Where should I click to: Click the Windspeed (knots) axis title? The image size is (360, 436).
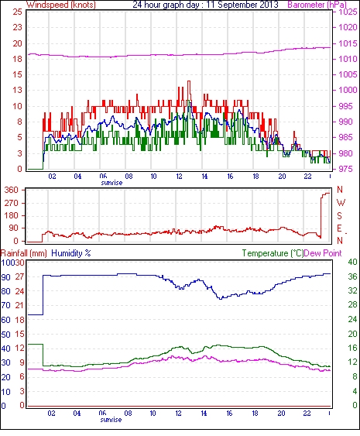coord(61,5)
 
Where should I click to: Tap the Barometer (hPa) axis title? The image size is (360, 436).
coord(317,5)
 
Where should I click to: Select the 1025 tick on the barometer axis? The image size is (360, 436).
coord(348,12)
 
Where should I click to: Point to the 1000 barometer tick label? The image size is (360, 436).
coord(348,90)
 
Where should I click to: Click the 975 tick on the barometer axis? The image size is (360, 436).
coord(346,169)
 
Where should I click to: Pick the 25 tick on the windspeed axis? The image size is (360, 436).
coord(17,12)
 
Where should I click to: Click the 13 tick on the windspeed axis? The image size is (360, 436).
coord(17,90)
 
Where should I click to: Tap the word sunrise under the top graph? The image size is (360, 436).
coord(111,183)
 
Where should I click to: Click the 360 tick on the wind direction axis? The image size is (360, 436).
coord(12,191)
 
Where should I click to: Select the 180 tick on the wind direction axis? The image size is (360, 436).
coord(12,216)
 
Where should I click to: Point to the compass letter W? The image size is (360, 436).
coord(341,203)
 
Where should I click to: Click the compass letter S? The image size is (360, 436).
coord(339,216)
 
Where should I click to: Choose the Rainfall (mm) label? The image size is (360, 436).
coord(24,253)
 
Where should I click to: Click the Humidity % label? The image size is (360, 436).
coord(71,253)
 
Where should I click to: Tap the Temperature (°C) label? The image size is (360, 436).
coord(273,253)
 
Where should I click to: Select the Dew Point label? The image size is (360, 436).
coord(323,253)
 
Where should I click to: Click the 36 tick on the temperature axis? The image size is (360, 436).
coord(352,276)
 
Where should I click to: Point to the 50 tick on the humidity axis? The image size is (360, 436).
coord(6,335)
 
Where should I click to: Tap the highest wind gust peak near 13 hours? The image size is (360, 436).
coord(189,81)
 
